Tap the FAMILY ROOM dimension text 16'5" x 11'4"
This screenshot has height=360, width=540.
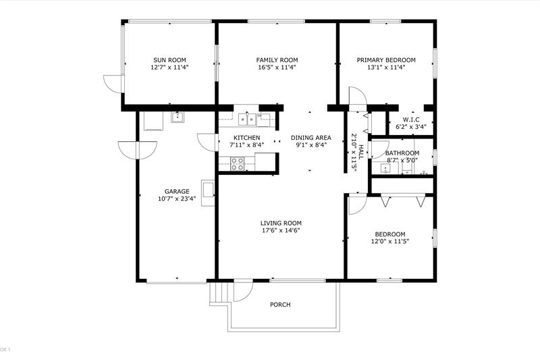pyautogui.click(x=277, y=67)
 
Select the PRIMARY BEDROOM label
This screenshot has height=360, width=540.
pyautogui.click(x=386, y=60)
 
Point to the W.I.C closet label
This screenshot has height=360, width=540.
pyautogui.click(x=411, y=120)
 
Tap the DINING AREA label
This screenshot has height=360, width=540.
pyautogui.click(x=311, y=138)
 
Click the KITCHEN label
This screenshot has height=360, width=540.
pyautogui.click(x=247, y=138)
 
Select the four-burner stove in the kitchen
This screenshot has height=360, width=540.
pyautogui.click(x=238, y=163)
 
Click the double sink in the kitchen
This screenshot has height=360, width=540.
pyautogui.click(x=248, y=119)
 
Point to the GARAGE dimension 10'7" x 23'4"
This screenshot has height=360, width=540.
pyautogui.click(x=177, y=199)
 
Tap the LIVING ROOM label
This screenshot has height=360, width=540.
pyautogui.click(x=281, y=224)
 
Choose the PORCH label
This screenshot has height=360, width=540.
pyautogui.click(x=280, y=305)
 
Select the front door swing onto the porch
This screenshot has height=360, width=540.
pyautogui.click(x=243, y=291)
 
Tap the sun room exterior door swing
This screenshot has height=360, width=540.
pyautogui.click(x=113, y=83)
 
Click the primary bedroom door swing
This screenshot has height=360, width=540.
pyautogui.click(x=358, y=99)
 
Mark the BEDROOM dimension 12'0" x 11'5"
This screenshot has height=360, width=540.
pyautogui.click(x=390, y=242)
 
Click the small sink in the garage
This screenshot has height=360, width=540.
pyautogui.click(x=178, y=117)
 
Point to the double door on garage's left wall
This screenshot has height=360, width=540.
pyautogui.click(x=138, y=151)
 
